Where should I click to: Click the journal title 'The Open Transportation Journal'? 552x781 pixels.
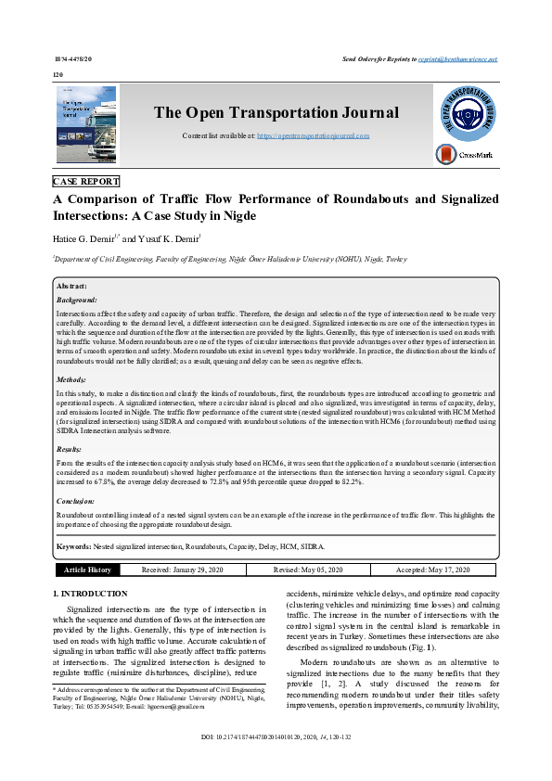point(276,113)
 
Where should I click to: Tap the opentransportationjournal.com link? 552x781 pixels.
point(313,135)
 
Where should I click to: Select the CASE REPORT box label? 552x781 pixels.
point(86,182)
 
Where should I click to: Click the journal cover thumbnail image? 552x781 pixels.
point(86,125)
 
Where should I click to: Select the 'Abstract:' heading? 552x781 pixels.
point(71,287)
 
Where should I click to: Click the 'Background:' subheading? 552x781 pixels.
point(76,301)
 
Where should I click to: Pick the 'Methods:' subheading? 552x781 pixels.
point(71,379)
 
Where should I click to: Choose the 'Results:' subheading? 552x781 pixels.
point(71,448)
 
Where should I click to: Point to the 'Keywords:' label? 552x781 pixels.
point(76,547)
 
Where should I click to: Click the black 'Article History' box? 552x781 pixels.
point(87,570)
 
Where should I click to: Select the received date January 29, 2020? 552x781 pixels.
point(182,570)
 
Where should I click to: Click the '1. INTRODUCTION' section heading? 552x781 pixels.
point(90,593)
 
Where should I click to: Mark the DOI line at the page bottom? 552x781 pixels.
point(276,763)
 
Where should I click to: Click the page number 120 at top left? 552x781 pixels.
point(58,73)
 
